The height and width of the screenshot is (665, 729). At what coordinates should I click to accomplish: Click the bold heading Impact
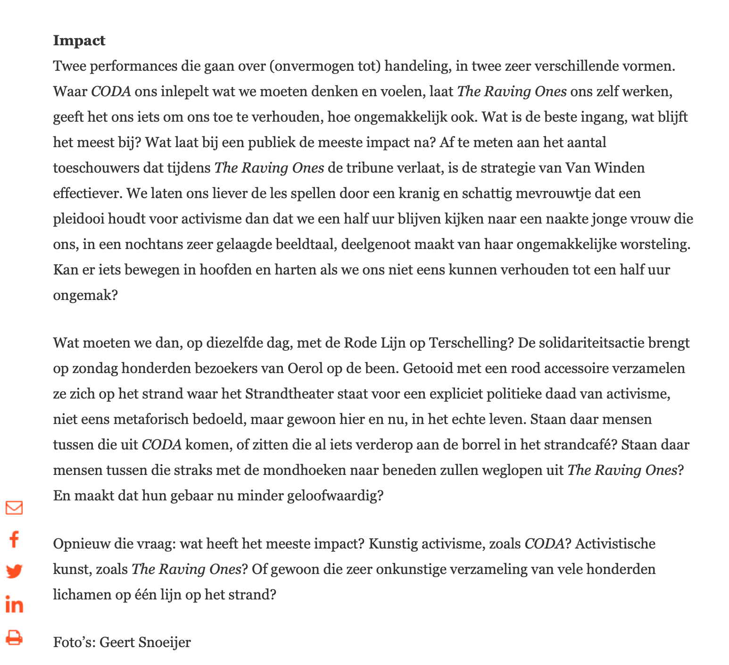79,41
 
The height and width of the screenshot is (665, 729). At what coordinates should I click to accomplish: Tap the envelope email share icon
14,507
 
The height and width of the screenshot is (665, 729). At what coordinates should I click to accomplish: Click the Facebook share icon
14,539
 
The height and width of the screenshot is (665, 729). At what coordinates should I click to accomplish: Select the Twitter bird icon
14,572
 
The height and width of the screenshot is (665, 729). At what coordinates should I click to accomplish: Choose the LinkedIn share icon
14,605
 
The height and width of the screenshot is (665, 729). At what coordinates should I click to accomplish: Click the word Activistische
615,544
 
